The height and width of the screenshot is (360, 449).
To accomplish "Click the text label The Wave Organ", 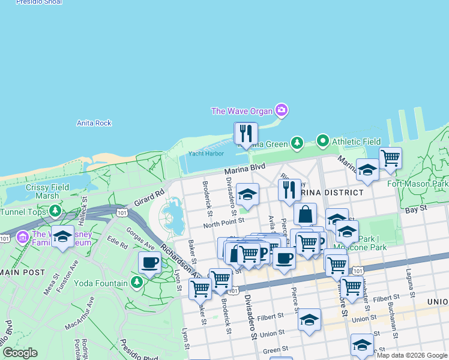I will [241, 110].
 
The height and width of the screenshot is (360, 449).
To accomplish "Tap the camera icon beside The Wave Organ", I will [281, 110].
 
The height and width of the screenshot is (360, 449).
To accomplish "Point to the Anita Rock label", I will [94, 123].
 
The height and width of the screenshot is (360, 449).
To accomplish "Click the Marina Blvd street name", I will [245, 170].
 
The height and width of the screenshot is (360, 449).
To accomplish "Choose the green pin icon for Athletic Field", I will [323, 141].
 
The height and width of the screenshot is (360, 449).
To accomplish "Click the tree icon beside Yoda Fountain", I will [137, 282].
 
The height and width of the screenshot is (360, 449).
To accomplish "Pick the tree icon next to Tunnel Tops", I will [55, 210].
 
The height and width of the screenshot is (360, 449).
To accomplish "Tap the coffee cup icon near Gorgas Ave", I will [149, 262].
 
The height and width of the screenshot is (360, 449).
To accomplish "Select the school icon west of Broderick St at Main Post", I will [62, 237].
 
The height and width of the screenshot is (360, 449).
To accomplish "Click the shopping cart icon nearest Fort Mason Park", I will [390, 158].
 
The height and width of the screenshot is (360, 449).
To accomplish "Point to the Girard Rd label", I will [149, 199].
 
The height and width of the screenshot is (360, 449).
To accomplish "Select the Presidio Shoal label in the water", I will [35, 2].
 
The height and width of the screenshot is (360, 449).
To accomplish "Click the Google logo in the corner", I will [20, 353].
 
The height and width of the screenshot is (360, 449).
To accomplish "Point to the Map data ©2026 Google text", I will [412, 355].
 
